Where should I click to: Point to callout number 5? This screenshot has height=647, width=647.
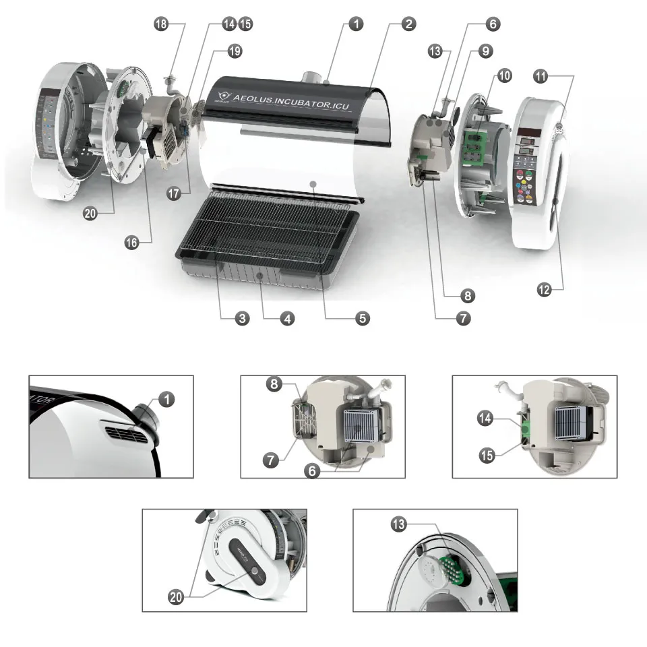coord(363,318)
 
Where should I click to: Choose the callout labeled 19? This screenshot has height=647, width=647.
coord(235,51)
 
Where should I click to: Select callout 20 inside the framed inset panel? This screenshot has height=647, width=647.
coord(176,597)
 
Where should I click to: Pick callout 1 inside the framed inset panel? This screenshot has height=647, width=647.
coord(167,399)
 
